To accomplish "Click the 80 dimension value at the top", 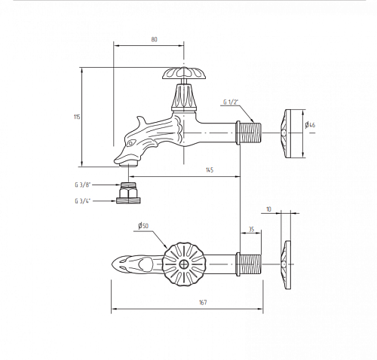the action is pos(154,39).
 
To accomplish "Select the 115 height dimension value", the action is pos(77,117).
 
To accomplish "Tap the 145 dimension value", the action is pos(210,170).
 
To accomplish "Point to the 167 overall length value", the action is pos(203,302).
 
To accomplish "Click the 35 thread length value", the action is pos(251,229).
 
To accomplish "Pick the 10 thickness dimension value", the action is pos(268,209).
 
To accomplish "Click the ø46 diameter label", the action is pos(311,124).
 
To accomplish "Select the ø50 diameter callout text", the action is pos(143,225).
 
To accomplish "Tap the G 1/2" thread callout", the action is pos(231,102).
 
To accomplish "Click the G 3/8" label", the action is pos(82,185).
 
